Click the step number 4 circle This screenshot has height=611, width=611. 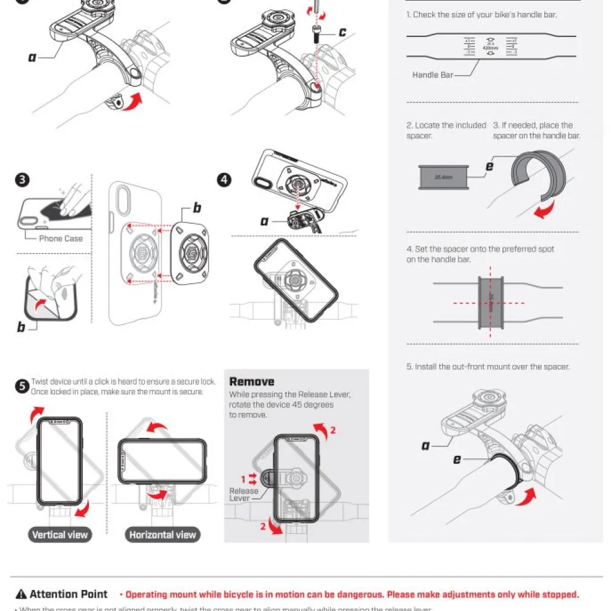point(224,180)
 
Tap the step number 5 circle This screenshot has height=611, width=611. point(21,387)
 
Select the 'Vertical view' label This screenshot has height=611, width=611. point(60,535)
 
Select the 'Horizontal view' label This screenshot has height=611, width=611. point(162,535)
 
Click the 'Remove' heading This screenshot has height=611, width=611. point(252,382)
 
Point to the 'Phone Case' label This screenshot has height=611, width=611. point(61,239)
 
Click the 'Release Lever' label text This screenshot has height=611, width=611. point(244,495)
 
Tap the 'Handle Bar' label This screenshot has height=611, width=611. point(433,75)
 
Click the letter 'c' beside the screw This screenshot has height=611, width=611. point(342,32)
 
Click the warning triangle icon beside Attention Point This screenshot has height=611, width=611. point(21,594)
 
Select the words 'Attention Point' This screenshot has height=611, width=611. point(69,594)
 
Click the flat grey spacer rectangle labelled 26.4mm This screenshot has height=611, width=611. point(443,178)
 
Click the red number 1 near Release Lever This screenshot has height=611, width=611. point(243,479)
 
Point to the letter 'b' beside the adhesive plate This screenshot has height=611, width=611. point(197,208)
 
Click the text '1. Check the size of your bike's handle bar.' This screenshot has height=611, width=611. point(482,14)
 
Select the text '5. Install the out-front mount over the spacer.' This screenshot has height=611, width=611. point(488,367)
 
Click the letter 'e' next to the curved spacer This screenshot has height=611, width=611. point(489,166)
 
